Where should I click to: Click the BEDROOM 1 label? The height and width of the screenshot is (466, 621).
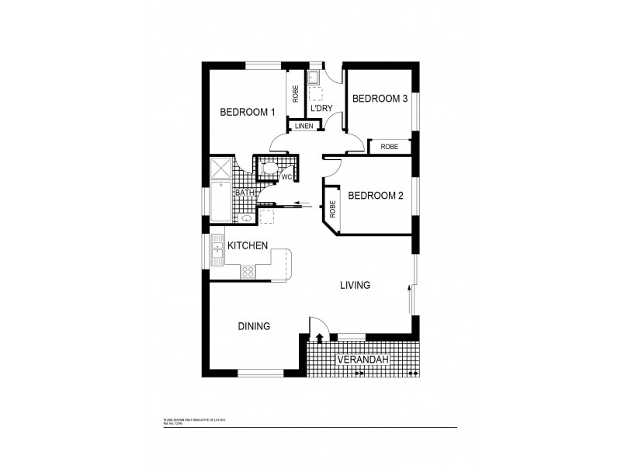point(248,112)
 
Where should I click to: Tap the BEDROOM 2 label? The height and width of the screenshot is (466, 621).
point(375,196)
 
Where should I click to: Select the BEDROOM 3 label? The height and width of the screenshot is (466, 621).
point(380,99)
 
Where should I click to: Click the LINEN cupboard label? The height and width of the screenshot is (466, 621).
point(304,126)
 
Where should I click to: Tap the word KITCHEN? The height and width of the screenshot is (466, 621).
point(248,245)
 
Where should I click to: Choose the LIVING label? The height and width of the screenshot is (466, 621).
point(355,285)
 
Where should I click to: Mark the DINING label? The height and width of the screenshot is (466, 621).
point(254,326)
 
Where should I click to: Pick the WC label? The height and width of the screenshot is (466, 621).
point(286,177)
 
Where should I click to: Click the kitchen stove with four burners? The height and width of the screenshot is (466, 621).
point(248,272)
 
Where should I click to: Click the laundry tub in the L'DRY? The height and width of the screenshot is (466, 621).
point(315,77)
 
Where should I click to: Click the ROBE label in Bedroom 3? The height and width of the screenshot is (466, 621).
point(390,146)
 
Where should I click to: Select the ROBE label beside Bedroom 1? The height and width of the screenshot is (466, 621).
point(296,94)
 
